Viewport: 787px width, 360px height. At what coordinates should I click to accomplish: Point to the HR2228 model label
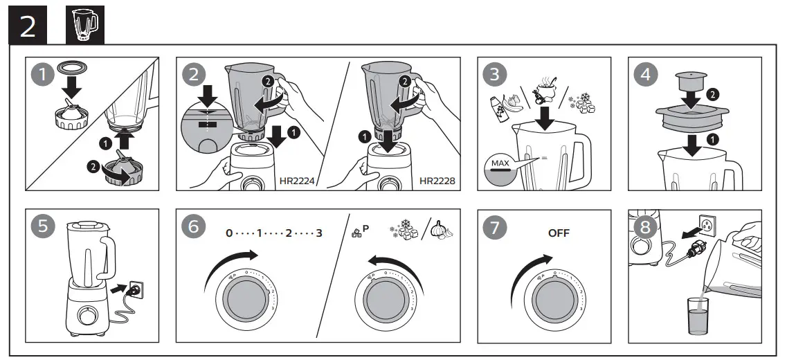pyautogui.click(x=437, y=181)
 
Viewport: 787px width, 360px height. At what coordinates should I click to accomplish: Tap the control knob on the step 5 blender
pyautogui.click(x=89, y=316)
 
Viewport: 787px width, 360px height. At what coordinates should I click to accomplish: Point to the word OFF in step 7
pyautogui.click(x=559, y=233)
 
